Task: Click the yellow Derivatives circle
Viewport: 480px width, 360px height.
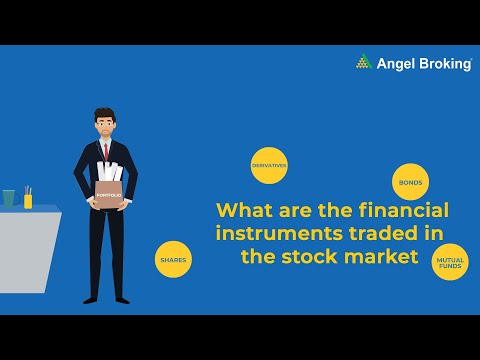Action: pos(269,166)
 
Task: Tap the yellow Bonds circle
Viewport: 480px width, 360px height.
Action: pos(410,183)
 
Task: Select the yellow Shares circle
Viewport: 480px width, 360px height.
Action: pos(172,260)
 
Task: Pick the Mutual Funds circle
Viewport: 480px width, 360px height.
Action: pos(449,263)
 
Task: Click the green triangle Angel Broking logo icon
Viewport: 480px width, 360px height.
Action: pos(364,63)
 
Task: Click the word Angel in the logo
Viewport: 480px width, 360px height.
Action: pos(395,64)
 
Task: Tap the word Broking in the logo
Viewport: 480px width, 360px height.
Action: pos(443,64)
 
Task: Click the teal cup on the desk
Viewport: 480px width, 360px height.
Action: pos(9,198)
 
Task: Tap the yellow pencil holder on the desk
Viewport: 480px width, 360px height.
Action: pos(28,200)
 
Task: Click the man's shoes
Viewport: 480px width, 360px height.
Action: pos(108,298)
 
